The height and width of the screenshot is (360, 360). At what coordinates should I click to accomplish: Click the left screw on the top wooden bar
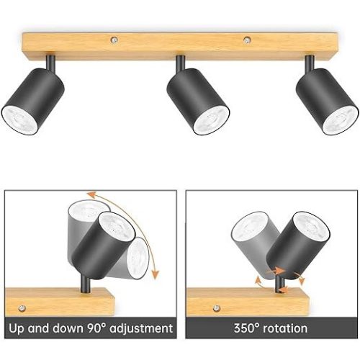pos(114,40)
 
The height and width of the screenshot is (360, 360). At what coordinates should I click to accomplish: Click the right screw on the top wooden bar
pos(247,40)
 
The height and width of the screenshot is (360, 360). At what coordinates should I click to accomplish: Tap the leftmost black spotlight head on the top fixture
pos(33,102)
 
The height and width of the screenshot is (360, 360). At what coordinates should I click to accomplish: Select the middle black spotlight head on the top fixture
pos(198,102)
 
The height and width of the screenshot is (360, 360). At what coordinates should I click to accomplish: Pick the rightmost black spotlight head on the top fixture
pos(327,102)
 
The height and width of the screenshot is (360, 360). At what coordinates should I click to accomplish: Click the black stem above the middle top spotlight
pos(180,63)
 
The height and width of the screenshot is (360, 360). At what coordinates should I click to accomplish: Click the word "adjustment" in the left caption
pos(141,328)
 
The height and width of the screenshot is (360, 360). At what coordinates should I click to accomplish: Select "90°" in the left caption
pos(96,328)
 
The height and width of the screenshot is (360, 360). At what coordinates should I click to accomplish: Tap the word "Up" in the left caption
pos(17,328)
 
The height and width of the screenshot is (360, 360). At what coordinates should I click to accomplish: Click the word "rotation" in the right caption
pos(285,328)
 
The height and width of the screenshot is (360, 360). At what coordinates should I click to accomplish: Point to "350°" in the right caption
pos(247,328)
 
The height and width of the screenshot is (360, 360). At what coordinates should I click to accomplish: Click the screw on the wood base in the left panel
pos(22,308)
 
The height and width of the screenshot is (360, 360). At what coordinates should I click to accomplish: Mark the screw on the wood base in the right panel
pos(217,308)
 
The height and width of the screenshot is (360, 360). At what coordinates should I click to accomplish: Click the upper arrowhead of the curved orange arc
pos(91,194)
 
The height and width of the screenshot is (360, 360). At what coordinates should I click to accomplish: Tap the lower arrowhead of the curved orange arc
pos(156,274)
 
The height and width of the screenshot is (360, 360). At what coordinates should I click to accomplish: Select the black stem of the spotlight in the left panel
pos(85,284)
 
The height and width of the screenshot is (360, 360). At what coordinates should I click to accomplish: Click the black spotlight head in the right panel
pos(298,246)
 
